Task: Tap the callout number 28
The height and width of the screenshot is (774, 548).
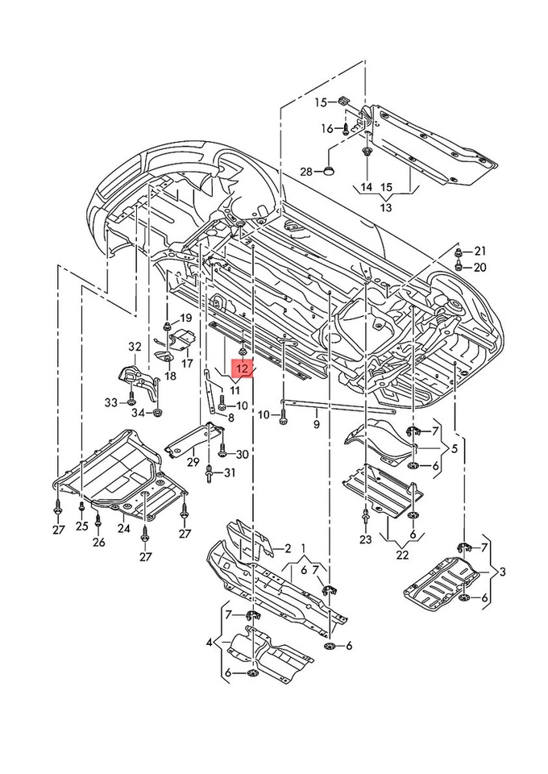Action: pos(305,171)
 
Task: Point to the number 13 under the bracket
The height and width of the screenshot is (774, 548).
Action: pos(385,207)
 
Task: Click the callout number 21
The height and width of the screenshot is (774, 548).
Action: pos(480,251)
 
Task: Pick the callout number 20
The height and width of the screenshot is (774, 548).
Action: pos(480,267)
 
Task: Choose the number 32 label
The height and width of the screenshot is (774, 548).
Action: pos(135,347)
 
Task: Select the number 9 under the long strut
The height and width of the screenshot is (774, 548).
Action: pos(317,422)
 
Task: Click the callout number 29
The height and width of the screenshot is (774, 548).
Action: pos(193,462)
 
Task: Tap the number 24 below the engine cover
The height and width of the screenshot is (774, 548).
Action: pos(123,529)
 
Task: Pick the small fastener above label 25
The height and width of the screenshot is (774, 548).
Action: pos(82,507)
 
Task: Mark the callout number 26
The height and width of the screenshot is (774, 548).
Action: pos(98,543)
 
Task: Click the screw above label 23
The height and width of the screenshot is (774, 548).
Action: pos(366,514)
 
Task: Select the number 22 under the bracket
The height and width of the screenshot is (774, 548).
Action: pos(402,556)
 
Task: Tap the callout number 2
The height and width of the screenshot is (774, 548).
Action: pos(286,549)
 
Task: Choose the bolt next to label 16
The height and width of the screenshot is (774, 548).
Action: pos(346,127)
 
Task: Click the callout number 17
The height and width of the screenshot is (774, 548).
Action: pos(187,363)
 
